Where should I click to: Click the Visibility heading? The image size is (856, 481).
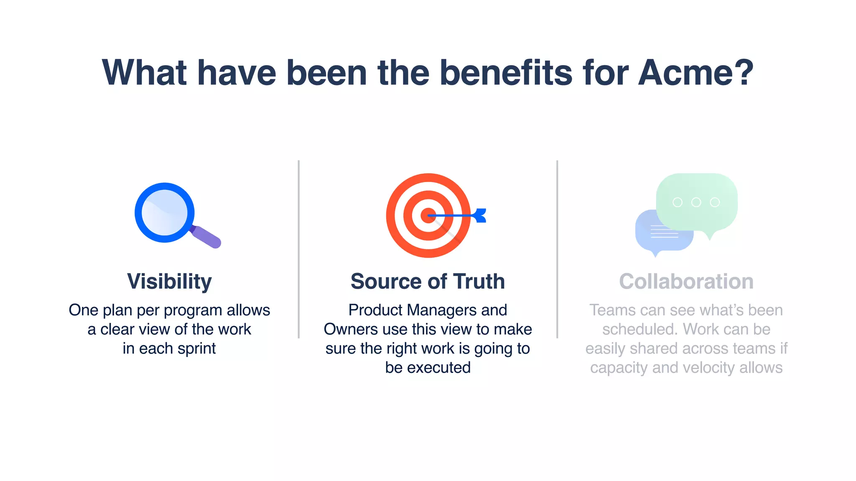(169, 281)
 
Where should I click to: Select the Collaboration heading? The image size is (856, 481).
(686, 281)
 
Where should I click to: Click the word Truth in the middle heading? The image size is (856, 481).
(479, 281)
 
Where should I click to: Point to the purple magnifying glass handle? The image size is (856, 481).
(206, 237)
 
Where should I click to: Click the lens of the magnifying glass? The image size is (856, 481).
(164, 213)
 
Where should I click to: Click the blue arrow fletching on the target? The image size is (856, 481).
(480, 215)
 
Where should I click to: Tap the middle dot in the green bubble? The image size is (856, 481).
(696, 203)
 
